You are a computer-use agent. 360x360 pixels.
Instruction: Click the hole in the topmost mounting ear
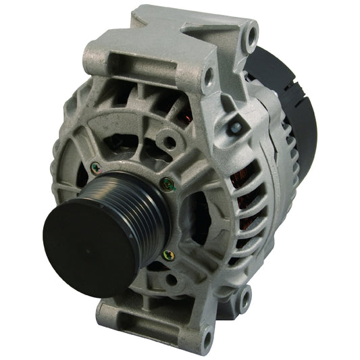pyautogui.click(x=252, y=31)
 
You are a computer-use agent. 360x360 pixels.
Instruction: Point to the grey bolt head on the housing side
pyautogui.click(x=234, y=126)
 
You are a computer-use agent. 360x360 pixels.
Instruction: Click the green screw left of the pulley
pyautogui.click(x=95, y=167)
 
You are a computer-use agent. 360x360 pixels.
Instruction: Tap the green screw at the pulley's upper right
pyautogui.click(x=168, y=182)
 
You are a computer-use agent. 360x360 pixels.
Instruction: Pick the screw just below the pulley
pyautogui.click(x=168, y=255)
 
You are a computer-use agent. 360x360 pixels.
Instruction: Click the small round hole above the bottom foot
pyautogui.click(x=173, y=279)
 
